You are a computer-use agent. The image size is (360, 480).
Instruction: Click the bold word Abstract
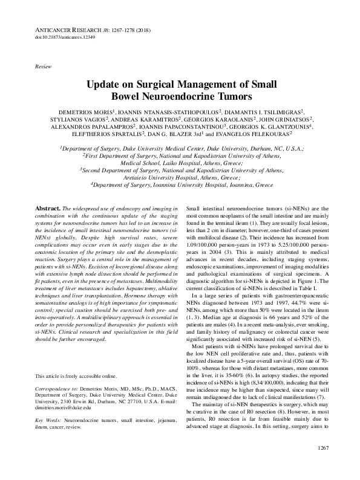point(48,207)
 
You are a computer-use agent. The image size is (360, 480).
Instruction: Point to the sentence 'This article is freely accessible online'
point(76,359)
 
